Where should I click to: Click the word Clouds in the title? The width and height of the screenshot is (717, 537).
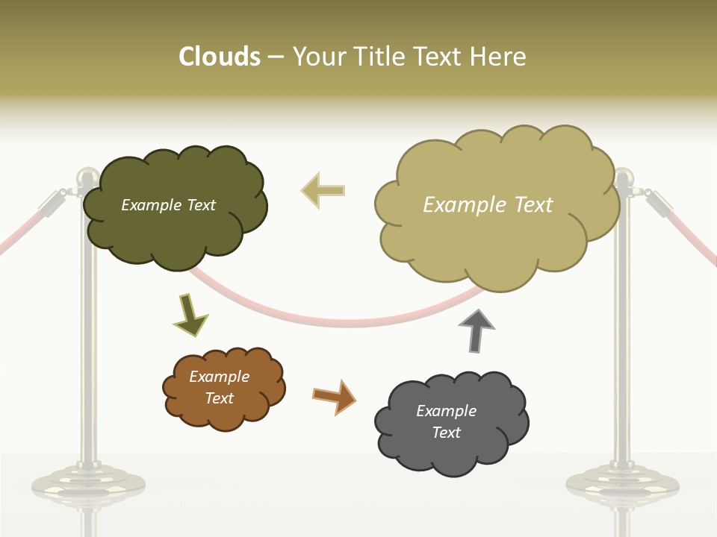click(x=219, y=57)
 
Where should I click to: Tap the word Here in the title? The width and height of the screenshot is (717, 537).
click(x=498, y=57)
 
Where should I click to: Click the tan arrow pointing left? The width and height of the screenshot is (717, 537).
click(x=323, y=191)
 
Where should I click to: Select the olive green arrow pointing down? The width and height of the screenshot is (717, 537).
click(x=190, y=315)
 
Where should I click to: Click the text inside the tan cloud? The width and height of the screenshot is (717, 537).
click(x=488, y=205)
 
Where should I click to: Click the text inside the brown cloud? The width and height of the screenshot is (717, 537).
click(x=220, y=387)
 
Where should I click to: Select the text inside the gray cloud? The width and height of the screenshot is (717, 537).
click(x=446, y=421)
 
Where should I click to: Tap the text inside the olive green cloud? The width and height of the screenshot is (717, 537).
click(x=168, y=205)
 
